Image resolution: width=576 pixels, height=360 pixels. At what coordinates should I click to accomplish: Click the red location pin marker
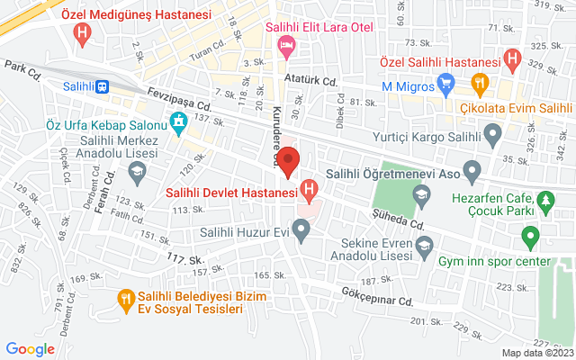288,162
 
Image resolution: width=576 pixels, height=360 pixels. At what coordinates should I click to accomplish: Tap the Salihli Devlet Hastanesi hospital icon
310,191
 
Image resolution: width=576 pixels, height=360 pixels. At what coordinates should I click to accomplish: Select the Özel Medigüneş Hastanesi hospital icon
84,35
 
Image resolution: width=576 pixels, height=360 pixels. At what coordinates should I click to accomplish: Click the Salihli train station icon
103,86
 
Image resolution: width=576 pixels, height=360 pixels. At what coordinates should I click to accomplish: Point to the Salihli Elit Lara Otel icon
286,47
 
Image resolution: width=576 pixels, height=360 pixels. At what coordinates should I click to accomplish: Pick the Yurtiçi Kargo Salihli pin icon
491,137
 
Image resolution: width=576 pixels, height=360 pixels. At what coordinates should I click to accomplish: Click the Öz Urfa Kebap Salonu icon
179,122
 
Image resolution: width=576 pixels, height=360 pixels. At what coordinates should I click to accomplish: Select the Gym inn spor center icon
530,238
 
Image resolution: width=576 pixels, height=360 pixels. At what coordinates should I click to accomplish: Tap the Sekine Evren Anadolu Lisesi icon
424,243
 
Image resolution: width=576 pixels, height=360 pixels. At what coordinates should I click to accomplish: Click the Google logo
30,348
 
